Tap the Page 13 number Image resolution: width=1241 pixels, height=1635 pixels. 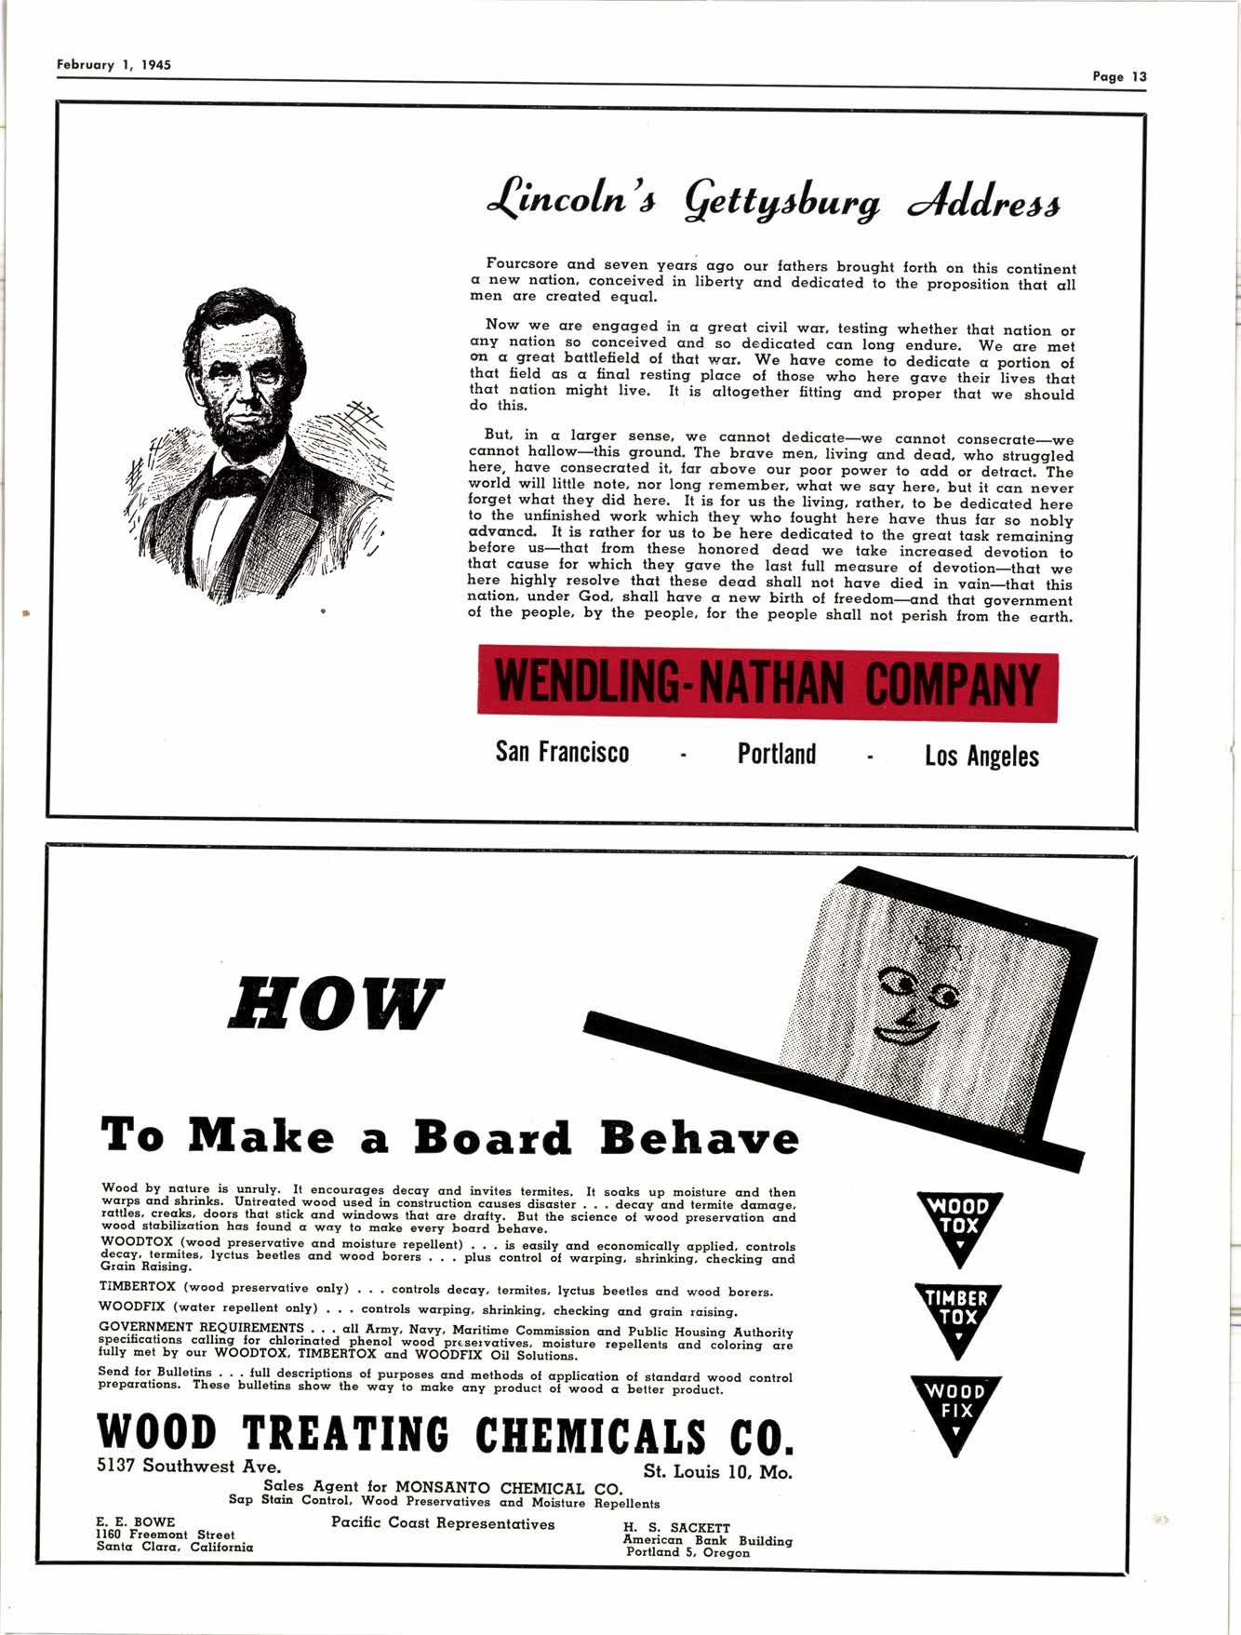click(1119, 77)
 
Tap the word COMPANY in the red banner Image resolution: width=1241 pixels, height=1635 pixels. click(952, 686)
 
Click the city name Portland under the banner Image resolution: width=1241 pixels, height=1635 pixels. click(777, 754)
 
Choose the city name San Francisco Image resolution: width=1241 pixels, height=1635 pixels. click(562, 752)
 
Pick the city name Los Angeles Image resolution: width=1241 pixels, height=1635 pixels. click(981, 756)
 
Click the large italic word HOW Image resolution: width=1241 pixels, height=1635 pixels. click(335, 1005)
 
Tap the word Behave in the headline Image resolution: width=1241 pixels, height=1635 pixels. click(699, 1137)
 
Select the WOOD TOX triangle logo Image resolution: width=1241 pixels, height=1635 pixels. click(957, 1224)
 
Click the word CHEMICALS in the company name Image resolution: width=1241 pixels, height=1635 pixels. click(592, 1436)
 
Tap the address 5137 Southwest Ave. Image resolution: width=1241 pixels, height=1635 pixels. click(189, 1467)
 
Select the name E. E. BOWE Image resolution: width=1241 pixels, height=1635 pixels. click(135, 1521)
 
